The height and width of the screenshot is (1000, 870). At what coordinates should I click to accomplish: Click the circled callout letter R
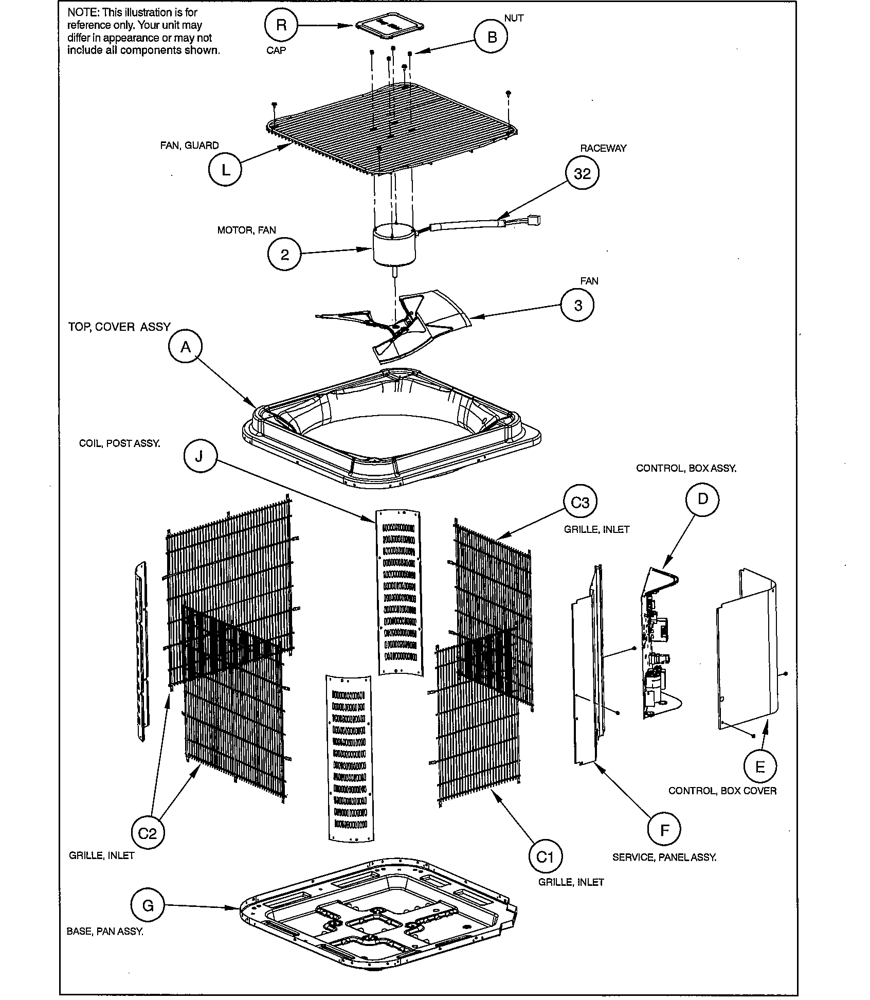click(x=281, y=25)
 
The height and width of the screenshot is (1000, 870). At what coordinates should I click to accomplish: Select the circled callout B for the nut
click(x=492, y=37)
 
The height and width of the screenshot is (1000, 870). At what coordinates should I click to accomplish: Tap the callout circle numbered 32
click(x=582, y=174)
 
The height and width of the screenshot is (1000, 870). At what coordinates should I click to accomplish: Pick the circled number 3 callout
click(x=578, y=306)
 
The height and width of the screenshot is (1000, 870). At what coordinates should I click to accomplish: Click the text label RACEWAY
click(x=603, y=148)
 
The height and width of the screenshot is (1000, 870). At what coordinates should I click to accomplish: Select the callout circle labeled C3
click(x=580, y=502)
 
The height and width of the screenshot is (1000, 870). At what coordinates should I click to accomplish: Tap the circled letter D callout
click(x=702, y=498)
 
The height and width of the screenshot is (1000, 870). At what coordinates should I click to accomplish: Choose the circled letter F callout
click(x=664, y=831)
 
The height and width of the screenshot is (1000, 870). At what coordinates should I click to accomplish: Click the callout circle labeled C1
click(x=545, y=857)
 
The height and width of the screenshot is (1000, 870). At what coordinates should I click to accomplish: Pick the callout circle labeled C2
click(x=147, y=833)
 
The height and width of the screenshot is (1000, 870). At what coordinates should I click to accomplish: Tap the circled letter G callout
click(x=148, y=906)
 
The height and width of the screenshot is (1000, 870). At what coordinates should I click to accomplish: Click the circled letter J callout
click(x=200, y=455)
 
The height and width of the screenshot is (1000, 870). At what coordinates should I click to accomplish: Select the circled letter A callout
click(x=186, y=347)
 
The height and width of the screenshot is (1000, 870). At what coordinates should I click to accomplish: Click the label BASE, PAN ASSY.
click(x=105, y=932)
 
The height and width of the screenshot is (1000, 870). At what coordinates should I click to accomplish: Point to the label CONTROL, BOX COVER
click(x=722, y=791)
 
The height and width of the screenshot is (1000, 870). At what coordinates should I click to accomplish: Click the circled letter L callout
click(x=225, y=170)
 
